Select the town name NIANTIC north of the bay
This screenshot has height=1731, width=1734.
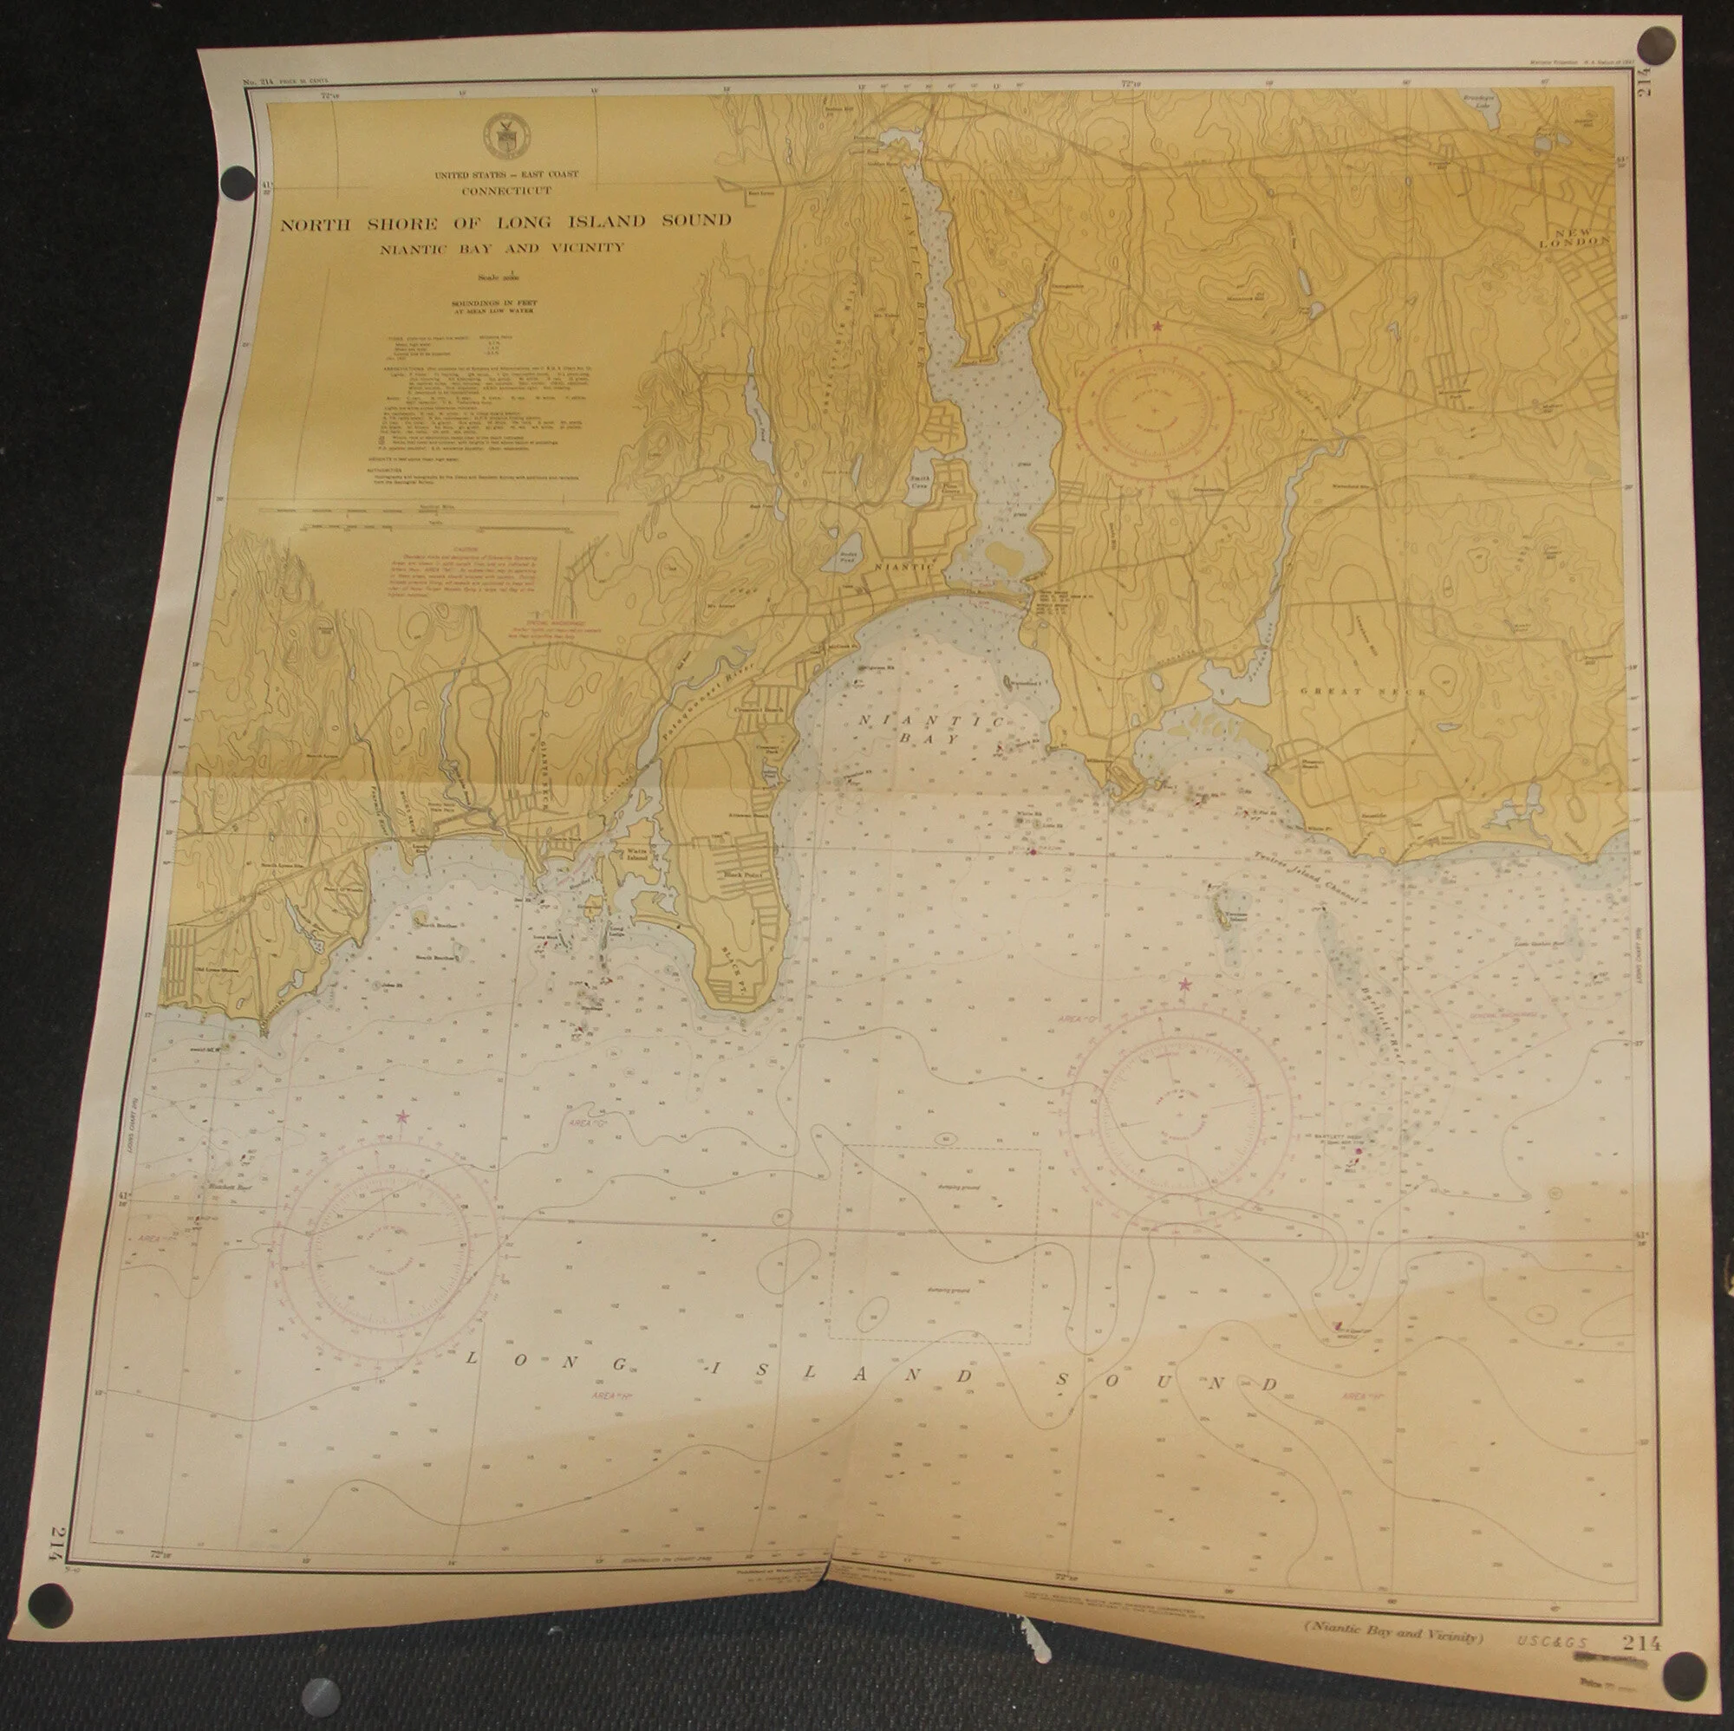pyautogui.click(x=901, y=568)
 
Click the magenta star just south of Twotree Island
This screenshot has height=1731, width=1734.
pyautogui.click(x=1184, y=985)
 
